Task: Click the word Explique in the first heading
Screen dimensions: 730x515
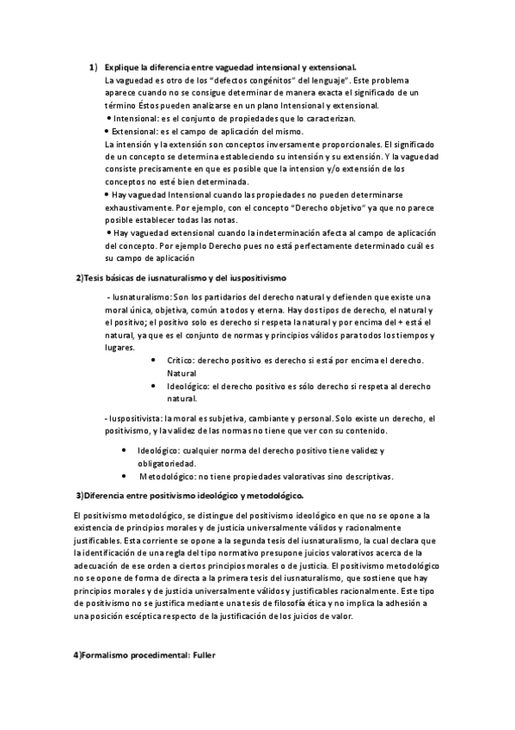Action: pos(121,67)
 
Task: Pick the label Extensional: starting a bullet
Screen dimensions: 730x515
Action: pos(138,131)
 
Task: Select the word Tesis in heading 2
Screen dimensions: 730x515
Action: pos(94,276)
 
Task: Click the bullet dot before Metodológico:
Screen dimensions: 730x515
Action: pos(129,475)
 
